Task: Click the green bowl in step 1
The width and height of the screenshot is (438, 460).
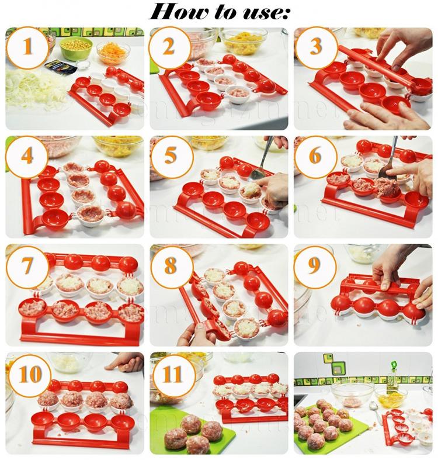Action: click(x=76, y=47)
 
